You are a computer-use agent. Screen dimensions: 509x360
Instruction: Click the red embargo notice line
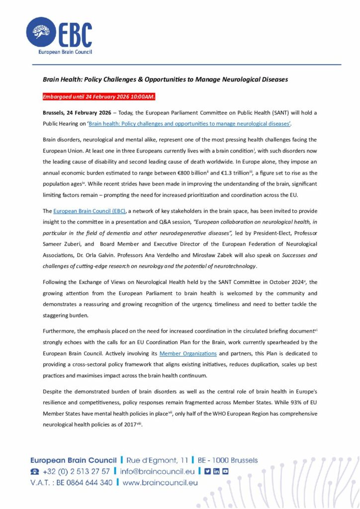click(x=98, y=96)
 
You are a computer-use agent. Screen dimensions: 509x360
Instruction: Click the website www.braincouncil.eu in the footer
click(x=160, y=482)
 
